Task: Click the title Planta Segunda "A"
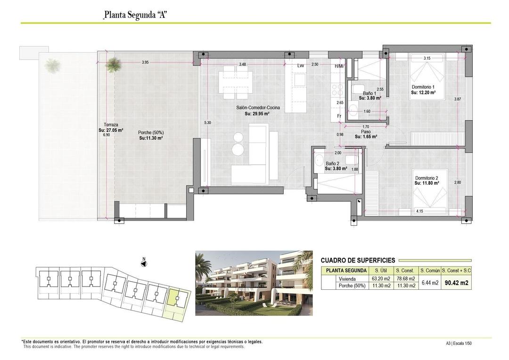(135, 15)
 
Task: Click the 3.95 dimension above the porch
(145, 62)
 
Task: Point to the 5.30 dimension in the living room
(208, 123)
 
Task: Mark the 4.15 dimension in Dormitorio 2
(420, 211)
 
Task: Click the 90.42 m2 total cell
(457, 283)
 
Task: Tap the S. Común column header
(430, 270)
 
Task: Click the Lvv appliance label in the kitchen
(300, 65)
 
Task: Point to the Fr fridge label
(339, 116)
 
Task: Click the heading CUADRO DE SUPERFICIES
(358, 260)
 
